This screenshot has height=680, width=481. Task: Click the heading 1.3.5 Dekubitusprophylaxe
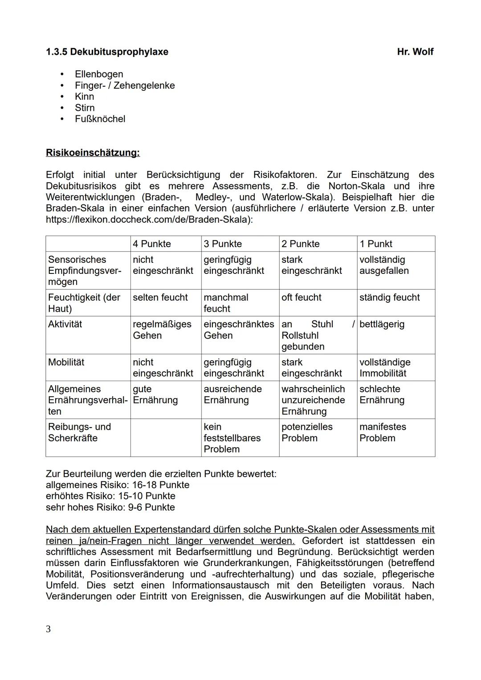point(107,52)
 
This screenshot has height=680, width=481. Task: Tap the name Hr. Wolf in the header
point(415,52)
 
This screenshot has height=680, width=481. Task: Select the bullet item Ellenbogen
point(98,74)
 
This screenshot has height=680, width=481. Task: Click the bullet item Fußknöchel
point(100,119)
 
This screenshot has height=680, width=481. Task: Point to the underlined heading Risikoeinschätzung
point(93,153)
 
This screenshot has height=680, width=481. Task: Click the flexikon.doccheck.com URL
point(149,220)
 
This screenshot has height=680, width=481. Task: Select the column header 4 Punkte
point(152,244)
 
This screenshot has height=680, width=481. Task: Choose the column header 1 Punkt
point(375,244)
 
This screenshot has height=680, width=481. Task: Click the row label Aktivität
point(65,324)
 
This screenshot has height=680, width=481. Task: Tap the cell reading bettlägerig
point(382,324)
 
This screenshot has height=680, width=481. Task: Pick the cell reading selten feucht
point(160,297)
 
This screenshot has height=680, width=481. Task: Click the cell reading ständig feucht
point(389,297)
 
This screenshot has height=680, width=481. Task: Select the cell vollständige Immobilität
point(384,368)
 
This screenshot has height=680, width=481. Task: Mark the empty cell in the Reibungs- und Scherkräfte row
point(166,438)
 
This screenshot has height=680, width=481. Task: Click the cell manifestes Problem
point(382,432)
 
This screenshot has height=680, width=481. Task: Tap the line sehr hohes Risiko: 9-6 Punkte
point(110,507)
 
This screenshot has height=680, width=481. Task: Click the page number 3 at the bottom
point(48,629)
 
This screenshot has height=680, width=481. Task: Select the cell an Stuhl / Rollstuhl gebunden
point(318,335)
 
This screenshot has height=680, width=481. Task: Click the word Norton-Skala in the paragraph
point(350,186)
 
